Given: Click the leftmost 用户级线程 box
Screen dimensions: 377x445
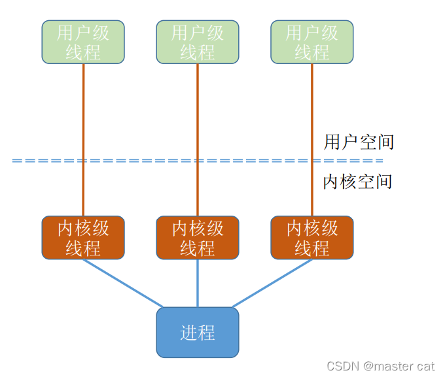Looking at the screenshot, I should (x=83, y=42).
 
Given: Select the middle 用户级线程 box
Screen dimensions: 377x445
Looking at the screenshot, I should (x=197, y=42).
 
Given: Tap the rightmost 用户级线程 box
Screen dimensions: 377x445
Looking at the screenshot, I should (x=311, y=42).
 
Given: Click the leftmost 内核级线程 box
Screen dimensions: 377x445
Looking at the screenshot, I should (x=83, y=238).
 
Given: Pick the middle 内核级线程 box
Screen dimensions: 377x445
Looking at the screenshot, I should (x=197, y=238).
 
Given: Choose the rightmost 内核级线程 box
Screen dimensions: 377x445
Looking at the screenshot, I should (x=311, y=238).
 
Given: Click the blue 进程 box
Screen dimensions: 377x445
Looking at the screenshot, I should (x=197, y=333).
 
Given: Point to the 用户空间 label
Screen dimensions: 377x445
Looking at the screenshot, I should (x=359, y=142).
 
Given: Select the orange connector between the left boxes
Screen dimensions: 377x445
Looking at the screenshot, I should (x=83, y=131).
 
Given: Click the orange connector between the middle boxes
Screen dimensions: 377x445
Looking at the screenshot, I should (x=197, y=131).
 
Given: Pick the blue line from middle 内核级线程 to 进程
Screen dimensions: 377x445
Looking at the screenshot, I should (x=197, y=283).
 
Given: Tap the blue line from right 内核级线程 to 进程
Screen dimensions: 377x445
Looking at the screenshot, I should (x=271, y=283).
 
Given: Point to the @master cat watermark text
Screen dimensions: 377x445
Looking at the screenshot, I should (x=399, y=366).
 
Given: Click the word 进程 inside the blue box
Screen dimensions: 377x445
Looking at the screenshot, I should (x=197, y=333).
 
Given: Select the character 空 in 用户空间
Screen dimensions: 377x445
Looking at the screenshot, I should (x=367, y=142).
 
